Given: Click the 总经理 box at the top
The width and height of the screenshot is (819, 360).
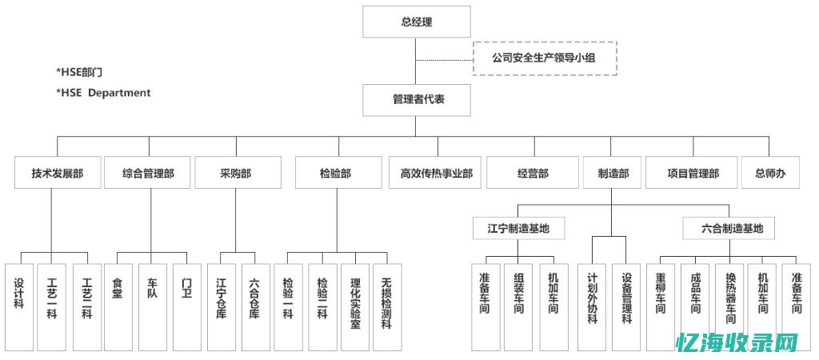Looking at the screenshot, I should [415, 22].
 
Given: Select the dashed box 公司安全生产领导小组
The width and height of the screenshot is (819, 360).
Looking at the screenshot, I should [545, 58].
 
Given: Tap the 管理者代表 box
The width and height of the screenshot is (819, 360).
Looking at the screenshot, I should [415, 100].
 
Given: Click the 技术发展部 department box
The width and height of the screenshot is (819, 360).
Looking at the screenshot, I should [58, 173].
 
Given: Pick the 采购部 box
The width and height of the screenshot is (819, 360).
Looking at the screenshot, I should [238, 173].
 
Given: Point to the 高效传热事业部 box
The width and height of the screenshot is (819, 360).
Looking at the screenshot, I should [436, 173].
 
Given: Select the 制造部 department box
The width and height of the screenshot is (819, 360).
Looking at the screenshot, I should [613, 173].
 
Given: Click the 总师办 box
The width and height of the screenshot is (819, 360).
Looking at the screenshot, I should [770, 173].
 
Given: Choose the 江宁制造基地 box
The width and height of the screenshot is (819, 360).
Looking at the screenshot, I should [518, 228].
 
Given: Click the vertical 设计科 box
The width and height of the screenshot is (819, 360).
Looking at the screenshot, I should [18, 307].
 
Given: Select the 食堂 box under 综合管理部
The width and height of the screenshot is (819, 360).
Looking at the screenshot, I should [118, 307].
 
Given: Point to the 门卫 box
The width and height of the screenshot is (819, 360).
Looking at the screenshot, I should [186, 307].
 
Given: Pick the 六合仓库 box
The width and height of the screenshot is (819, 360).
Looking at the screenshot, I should [254, 307].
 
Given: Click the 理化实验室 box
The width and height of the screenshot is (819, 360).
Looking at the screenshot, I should [355, 307].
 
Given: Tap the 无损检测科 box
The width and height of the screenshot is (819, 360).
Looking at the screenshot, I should [387, 307].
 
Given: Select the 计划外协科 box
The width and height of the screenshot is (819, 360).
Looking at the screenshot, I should [593, 307].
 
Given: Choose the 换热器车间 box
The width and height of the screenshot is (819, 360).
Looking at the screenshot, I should [729, 307].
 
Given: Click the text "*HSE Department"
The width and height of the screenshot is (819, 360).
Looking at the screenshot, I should [103, 93].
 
